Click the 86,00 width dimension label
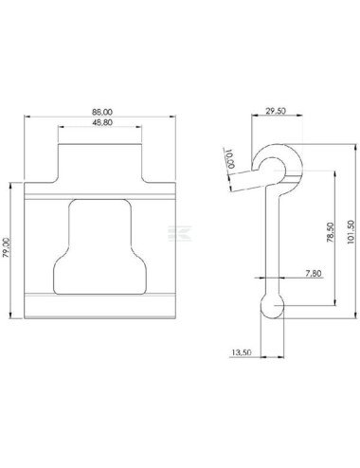click(x=102, y=112)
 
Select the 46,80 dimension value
click(x=102, y=122)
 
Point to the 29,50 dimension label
click(x=275, y=111)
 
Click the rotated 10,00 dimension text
click(x=230, y=158)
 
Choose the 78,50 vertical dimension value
click(x=331, y=232)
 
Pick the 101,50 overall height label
click(x=351, y=231)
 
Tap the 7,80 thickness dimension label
click(x=314, y=273)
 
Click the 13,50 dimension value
click(x=242, y=352)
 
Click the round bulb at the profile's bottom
click(x=272, y=306)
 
